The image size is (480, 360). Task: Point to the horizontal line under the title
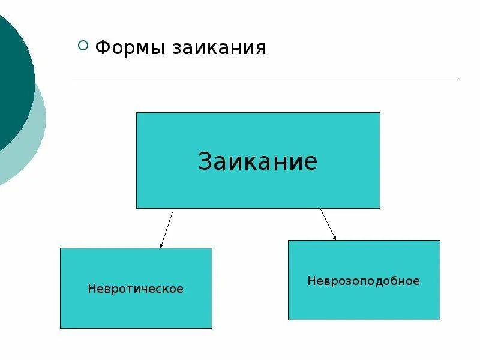click(264, 80)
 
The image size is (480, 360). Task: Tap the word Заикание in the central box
click(257, 161)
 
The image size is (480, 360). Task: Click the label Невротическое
click(136, 289)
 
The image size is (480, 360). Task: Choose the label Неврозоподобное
click(364, 281)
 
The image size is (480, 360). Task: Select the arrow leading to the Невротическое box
click(167, 229)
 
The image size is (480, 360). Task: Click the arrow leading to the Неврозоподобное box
click(328, 224)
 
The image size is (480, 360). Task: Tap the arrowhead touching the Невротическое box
click(161, 245)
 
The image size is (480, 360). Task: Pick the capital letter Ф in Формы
click(103, 47)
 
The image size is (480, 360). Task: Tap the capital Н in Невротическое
click(91, 289)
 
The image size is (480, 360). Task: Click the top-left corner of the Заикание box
click(137, 113)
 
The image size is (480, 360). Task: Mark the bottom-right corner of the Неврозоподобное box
click(440, 319)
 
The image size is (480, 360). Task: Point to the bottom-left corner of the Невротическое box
click(61, 328)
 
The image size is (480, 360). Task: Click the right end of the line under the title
click(455, 80)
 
